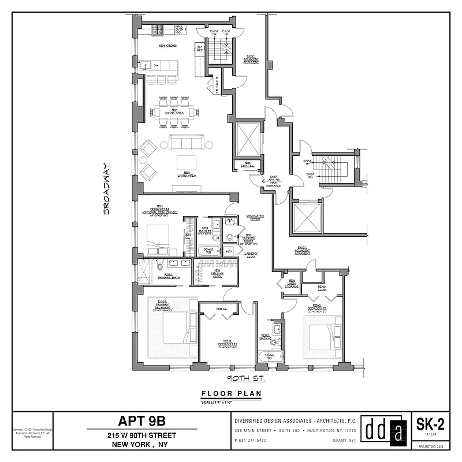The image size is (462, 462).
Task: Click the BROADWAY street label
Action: coord(107,189)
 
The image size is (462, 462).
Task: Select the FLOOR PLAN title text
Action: coord(231,394)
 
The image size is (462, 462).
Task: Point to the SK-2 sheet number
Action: coord(430,425)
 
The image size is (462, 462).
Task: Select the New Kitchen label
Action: coord(167,45)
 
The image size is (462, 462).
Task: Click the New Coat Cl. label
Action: coord(247,165)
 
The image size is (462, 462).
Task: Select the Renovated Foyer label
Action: coord(255,218)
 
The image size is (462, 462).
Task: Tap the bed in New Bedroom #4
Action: coord(157,239)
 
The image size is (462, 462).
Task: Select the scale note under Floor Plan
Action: coord(231,402)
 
